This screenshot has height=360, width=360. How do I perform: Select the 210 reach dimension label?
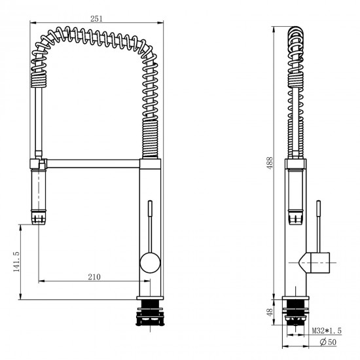coord(94,277)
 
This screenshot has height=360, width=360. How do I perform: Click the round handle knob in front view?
coord(150,264)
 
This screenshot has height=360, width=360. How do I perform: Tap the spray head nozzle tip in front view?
coord(38,216)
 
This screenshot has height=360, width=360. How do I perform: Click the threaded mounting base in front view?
coord(151,315)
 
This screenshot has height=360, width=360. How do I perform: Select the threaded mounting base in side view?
coord(297,315)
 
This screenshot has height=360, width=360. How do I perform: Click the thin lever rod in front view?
coord(151,226)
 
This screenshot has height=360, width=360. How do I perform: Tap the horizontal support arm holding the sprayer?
coord(92,161)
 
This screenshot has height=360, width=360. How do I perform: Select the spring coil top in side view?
coord(297,31)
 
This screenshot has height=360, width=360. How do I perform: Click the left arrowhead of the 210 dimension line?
coord(41,282)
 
